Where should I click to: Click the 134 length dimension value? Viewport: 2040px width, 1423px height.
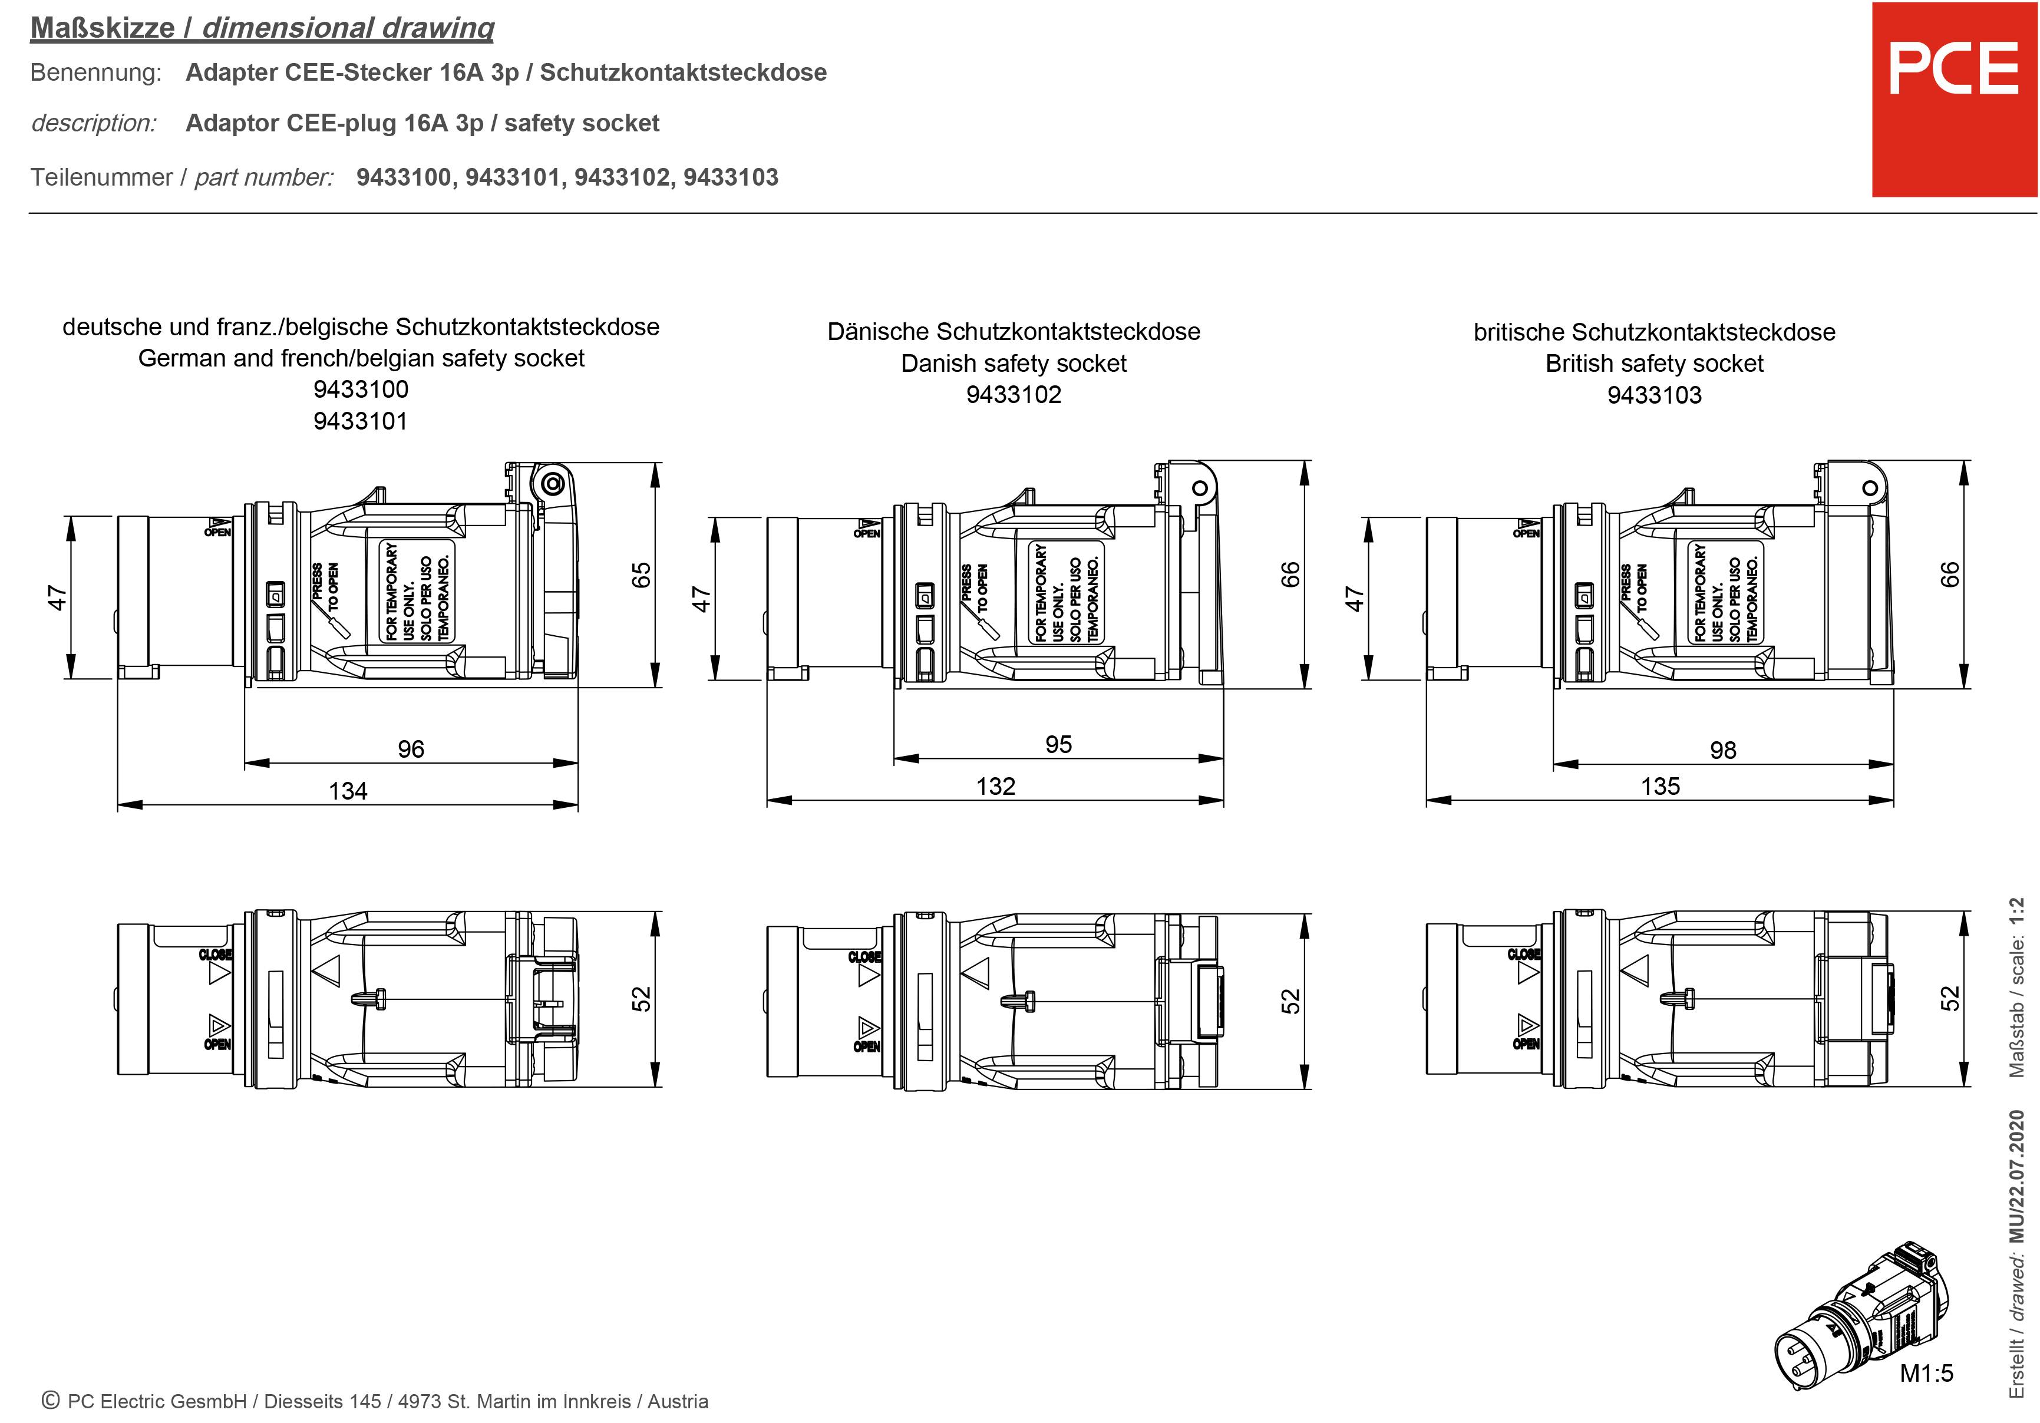point(348,791)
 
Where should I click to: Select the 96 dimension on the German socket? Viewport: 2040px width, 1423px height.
point(411,749)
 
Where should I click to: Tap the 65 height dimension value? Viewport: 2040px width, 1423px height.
point(641,575)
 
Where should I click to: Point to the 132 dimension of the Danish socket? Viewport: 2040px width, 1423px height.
point(995,786)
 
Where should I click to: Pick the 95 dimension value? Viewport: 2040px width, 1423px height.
point(1058,744)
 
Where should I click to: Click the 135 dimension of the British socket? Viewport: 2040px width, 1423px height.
point(1660,786)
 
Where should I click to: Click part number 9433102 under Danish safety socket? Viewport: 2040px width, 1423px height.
point(1014,394)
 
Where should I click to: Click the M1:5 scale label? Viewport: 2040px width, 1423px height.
point(1926,1374)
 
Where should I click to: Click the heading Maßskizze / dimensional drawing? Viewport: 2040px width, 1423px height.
point(262,28)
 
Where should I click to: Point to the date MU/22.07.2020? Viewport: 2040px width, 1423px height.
point(2017,1175)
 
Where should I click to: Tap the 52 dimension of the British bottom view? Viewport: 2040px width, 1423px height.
point(1949,998)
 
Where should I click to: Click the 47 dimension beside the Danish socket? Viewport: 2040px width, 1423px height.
point(702,598)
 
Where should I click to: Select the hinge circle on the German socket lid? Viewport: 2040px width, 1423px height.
point(553,484)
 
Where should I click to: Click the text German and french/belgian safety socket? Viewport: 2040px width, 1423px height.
point(361,358)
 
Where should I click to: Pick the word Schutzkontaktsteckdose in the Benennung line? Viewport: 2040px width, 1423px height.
point(682,72)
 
